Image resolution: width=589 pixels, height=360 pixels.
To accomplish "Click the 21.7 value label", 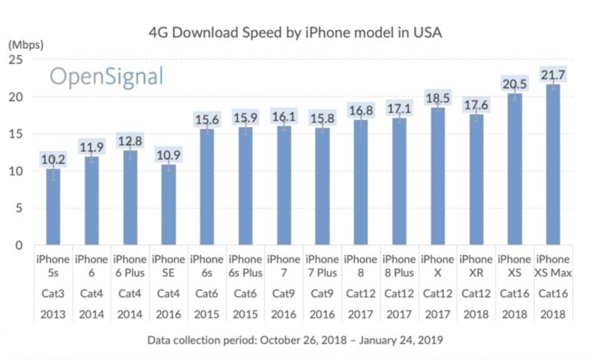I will (x=553, y=74).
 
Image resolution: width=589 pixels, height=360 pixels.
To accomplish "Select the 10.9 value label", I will (x=168, y=155).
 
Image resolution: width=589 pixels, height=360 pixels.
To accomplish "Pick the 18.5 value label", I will (x=438, y=98).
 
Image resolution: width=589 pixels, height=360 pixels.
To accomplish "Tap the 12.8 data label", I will (x=130, y=140).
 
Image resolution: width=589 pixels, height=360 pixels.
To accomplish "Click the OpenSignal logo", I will (x=106, y=76).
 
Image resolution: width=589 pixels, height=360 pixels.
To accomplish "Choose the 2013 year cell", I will (x=53, y=312).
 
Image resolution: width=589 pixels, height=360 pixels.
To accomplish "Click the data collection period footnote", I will (x=294, y=340).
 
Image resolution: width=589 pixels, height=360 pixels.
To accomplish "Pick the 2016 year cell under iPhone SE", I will (x=168, y=312).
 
